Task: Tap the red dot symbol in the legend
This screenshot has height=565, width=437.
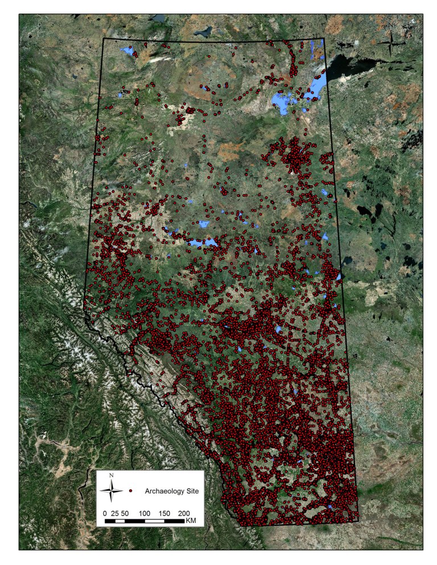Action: [x=131, y=490]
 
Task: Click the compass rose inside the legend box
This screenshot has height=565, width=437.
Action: [x=113, y=490]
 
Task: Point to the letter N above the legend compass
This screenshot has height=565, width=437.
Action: [x=113, y=476]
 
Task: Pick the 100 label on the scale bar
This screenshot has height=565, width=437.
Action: [x=145, y=513]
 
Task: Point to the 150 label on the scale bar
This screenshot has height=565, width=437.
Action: [x=164, y=513]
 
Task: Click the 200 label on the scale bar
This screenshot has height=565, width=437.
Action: [x=184, y=513]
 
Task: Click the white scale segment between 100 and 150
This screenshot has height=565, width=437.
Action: [x=154, y=521]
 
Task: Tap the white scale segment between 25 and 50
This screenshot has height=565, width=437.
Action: [x=119, y=521]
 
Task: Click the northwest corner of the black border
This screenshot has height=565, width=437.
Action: [x=103, y=38]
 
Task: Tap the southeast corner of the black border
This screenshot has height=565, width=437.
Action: [x=359, y=520]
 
